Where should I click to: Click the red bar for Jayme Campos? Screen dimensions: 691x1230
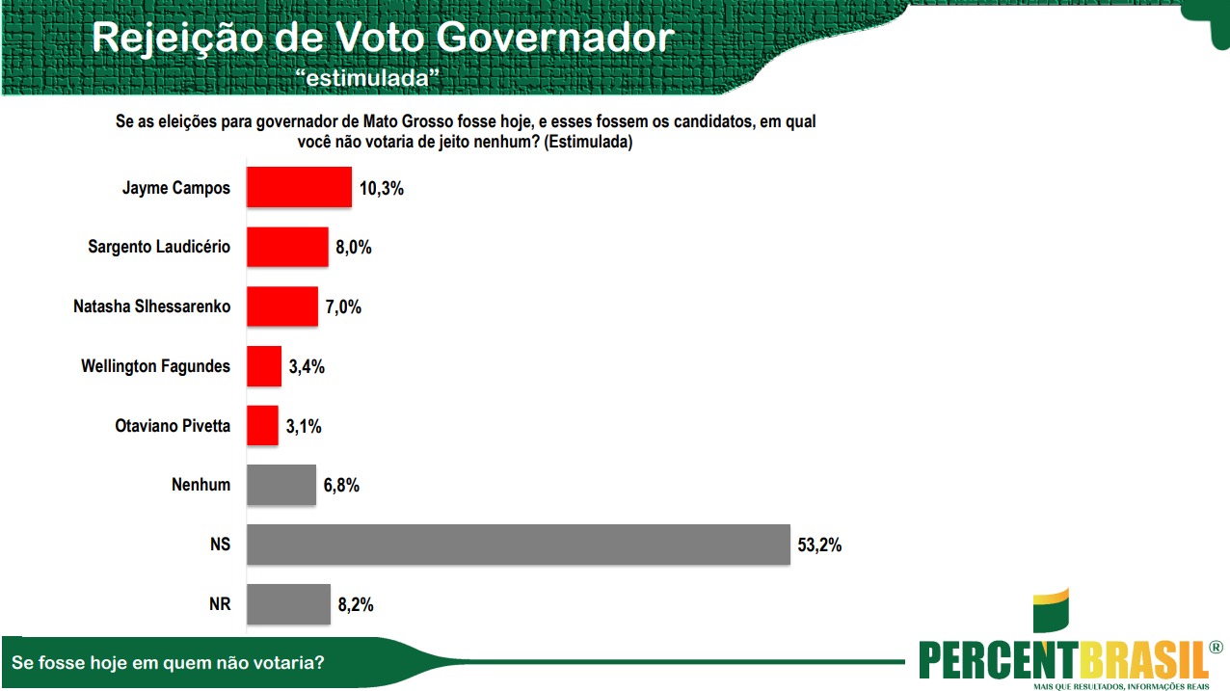(299, 187)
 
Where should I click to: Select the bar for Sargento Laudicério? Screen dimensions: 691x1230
(287, 247)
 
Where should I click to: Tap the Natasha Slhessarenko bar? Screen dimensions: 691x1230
(282, 306)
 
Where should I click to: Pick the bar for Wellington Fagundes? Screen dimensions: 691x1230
(264, 366)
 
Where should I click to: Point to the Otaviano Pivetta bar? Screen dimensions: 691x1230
(262, 425)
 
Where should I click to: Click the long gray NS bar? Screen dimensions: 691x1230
(519, 545)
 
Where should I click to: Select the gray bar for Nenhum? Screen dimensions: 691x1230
(281, 485)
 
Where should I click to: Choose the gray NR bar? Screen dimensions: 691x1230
(288, 604)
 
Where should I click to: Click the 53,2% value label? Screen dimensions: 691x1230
(819, 545)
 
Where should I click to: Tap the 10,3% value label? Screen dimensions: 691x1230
(381, 188)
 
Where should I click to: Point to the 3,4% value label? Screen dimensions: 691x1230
(306, 366)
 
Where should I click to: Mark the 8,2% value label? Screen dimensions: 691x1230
(354, 605)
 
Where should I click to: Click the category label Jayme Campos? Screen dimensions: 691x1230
(176, 188)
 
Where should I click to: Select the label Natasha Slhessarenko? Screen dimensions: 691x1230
(152, 306)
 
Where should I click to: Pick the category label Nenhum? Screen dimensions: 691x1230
(201, 485)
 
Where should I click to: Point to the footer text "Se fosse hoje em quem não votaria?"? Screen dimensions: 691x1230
(168, 663)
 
